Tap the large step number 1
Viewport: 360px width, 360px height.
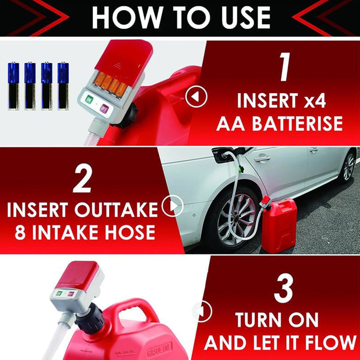[285, 67]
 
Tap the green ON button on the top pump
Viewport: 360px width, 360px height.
[89, 99]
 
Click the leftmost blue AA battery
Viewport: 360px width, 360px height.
[14, 86]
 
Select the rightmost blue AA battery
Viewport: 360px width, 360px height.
[63, 86]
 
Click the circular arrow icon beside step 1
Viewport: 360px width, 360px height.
[196, 96]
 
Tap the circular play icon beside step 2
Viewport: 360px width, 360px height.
[172, 206]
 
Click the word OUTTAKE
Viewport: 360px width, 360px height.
[116, 210]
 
